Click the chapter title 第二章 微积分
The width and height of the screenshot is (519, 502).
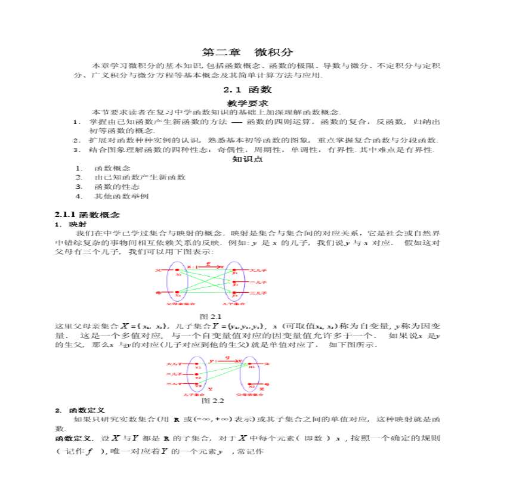(x=248, y=52)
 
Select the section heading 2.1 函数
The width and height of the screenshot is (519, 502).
(x=248, y=89)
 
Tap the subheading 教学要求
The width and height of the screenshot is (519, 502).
(x=248, y=103)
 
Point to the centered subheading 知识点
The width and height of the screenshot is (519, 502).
(x=248, y=159)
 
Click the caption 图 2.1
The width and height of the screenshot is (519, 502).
(x=211, y=316)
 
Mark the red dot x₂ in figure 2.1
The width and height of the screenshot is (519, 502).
(x=178, y=293)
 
